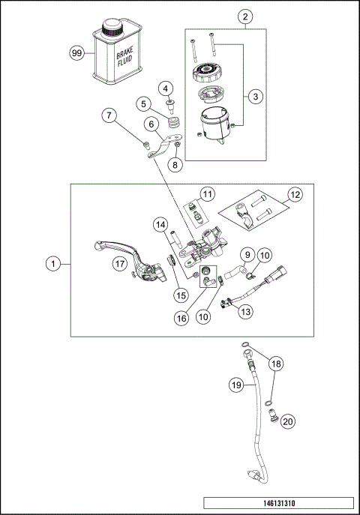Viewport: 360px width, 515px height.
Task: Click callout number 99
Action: coord(76,53)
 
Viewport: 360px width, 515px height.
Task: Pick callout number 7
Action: coord(110,115)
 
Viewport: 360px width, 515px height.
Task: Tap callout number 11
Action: coord(208,195)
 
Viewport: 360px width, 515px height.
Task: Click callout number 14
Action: coord(160,224)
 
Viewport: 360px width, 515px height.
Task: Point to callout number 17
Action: coord(118,263)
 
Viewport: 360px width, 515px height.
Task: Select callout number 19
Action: coord(235,385)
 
